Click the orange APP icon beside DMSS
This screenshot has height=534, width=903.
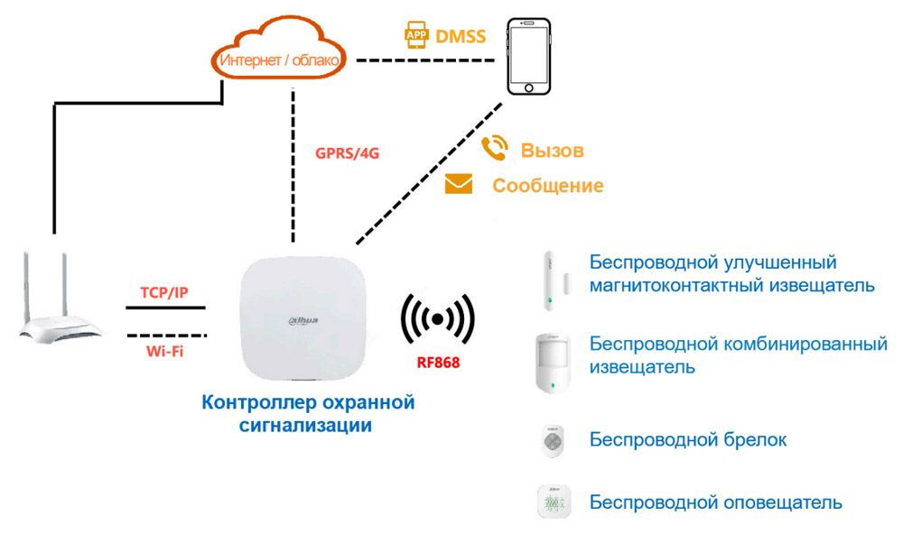coord(415,36)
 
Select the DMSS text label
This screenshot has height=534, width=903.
coord(461,37)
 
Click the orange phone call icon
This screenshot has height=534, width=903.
coord(494,149)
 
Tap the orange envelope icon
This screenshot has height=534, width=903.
coord(459,185)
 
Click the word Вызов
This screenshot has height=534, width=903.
coord(552,150)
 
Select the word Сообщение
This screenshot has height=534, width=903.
coord(547,186)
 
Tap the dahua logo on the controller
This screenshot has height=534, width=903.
coord(304,321)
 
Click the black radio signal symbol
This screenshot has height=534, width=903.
coord(438,319)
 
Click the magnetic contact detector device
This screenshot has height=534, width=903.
coord(547,281)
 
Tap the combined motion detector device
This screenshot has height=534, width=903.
coord(549,362)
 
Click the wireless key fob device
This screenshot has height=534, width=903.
coord(552,439)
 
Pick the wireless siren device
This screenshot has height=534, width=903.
coord(552,502)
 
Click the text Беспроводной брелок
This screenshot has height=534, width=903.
coord(687,440)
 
